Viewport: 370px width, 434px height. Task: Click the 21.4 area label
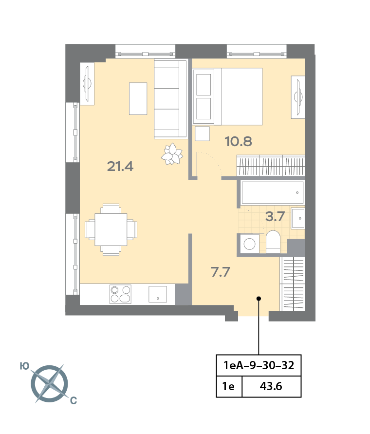(x=120, y=167)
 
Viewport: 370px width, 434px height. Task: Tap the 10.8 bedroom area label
(x=238, y=141)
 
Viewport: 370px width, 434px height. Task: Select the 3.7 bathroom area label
(x=275, y=216)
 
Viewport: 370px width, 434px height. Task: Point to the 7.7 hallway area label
(x=220, y=272)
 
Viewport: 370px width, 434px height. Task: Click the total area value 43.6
(x=271, y=386)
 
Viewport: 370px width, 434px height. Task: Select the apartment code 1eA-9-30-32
(x=259, y=365)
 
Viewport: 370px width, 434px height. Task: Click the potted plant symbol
(x=172, y=154)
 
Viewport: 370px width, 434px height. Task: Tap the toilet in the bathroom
(x=273, y=242)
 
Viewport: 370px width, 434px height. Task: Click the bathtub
(x=273, y=192)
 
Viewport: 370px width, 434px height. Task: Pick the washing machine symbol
(x=250, y=244)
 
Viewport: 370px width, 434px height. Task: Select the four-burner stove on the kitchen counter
(x=120, y=294)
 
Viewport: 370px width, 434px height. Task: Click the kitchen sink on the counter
(x=158, y=294)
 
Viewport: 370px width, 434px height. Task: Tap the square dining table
(x=111, y=229)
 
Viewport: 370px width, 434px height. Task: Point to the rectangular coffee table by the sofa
(x=138, y=98)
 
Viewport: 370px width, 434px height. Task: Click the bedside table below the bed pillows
(x=202, y=133)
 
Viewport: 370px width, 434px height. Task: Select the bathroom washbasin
(x=298, y=218)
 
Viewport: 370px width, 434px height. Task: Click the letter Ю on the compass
(x=24, y=366)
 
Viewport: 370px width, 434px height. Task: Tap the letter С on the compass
(x=74, y=400)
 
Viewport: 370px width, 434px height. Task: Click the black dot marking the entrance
(x=259, y=299)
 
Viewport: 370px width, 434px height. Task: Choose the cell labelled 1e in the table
(x=229, y=386)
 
